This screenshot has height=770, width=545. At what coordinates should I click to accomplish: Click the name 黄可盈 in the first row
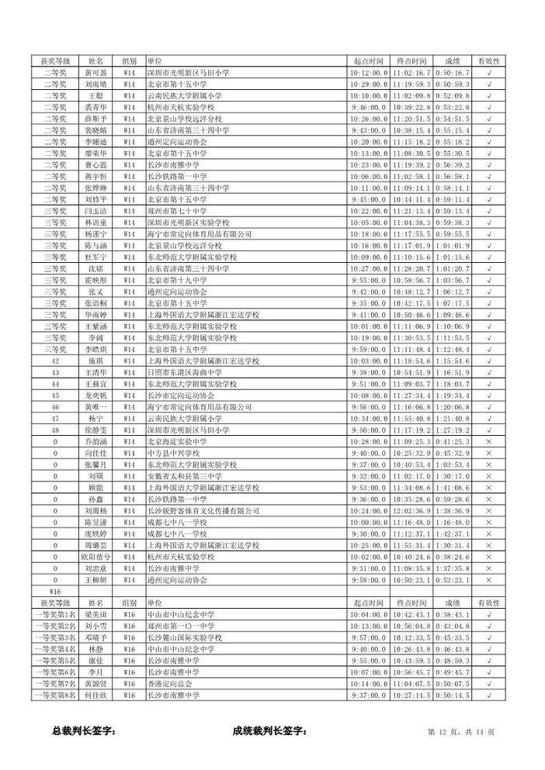95,72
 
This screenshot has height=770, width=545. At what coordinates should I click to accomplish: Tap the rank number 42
55,361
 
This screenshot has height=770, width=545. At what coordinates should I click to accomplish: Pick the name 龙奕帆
95,395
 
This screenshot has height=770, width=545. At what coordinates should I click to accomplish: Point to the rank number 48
55,430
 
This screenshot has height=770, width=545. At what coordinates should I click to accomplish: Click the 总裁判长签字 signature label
84,730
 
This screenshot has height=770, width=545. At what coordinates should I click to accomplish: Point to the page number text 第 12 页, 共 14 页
461,731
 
